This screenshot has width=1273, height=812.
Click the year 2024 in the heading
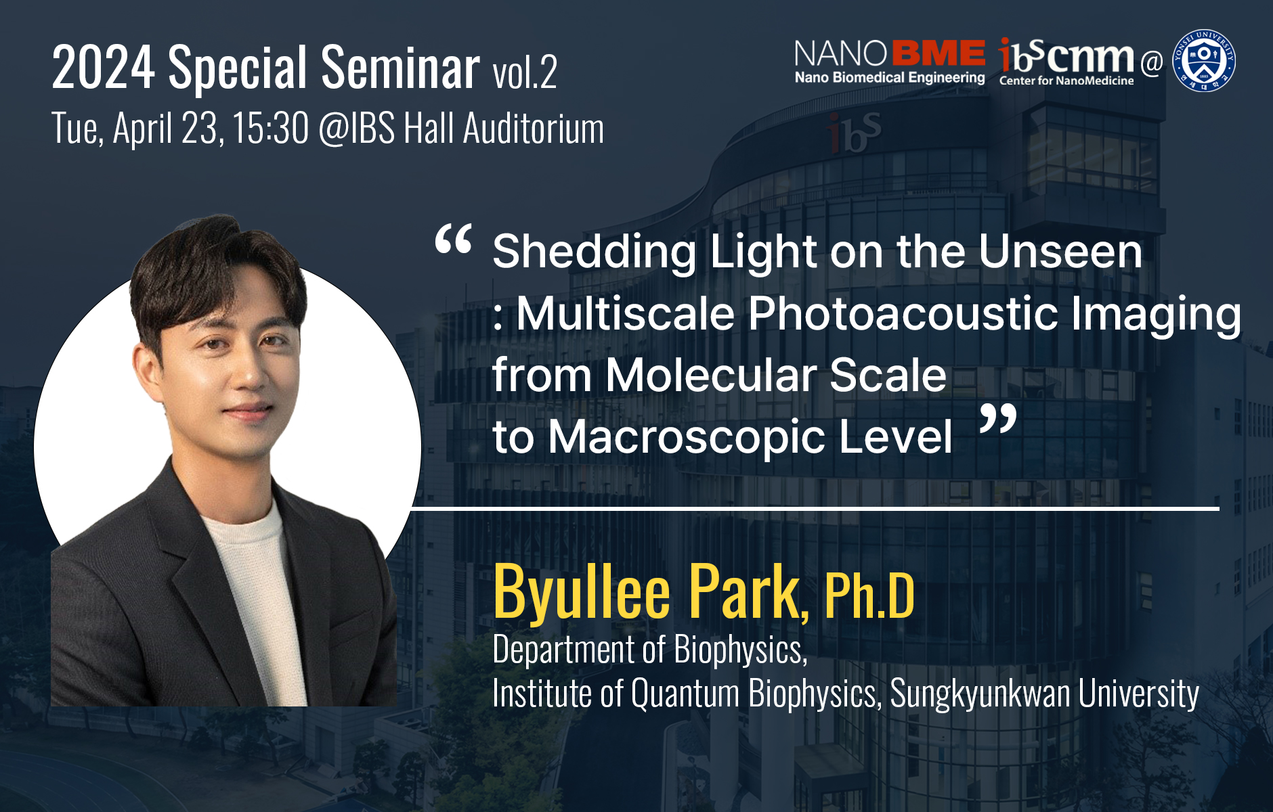(x=104, y=67)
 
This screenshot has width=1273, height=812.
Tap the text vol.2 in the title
(x=525, y=71)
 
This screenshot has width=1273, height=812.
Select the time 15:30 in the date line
(x=270, y=128)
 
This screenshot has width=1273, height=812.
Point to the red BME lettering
(x=938, y=54)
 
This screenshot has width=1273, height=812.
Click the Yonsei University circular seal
(x=1204, y=61)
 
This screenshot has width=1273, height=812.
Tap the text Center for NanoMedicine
(x=1066, y=81)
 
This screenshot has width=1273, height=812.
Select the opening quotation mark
(x=453, y=240)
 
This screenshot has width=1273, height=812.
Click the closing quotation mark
(x=998, y=420)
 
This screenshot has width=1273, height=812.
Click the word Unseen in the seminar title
(x=1060, y=252)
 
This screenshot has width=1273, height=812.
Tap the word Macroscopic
(x=687, y=436)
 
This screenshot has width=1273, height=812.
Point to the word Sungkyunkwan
(x=980, y=694)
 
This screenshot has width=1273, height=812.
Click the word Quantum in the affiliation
(x=685, y=694)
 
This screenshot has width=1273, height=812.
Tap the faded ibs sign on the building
(x=853, y=133)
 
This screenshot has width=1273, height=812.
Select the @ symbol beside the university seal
(x=1151, y=63)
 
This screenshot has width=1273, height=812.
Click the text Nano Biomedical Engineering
(x=890, y=78)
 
